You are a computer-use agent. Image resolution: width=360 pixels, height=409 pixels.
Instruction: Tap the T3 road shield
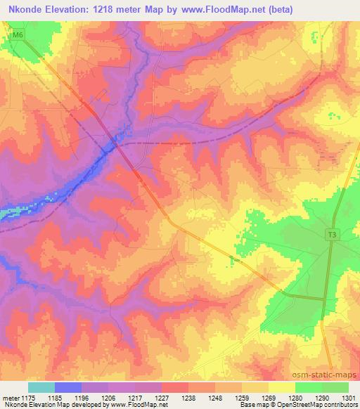(x=330, y=235)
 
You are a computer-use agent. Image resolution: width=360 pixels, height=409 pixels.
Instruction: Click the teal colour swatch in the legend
(x=41, y=387)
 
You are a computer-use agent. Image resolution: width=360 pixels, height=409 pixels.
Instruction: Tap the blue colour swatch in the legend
(x=68, y=387)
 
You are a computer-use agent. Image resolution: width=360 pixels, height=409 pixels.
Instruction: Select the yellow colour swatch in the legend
(x=281, y=387)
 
